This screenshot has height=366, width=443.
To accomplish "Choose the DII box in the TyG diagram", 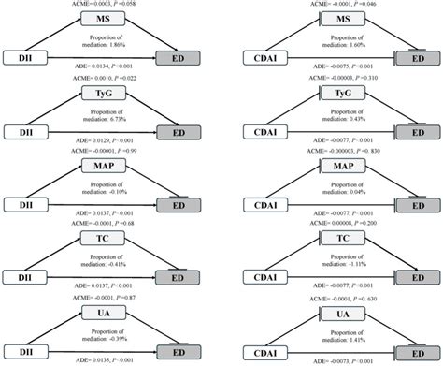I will tap(20, 132).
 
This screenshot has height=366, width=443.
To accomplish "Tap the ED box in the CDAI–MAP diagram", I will tap(422, 205).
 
